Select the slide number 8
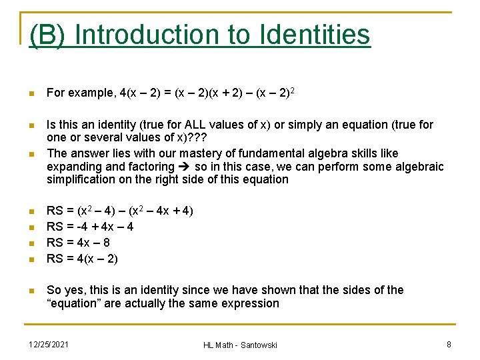449,344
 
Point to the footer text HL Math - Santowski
240,345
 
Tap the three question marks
198,138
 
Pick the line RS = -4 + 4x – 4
90,227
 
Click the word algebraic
419,167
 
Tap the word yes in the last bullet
73,290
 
